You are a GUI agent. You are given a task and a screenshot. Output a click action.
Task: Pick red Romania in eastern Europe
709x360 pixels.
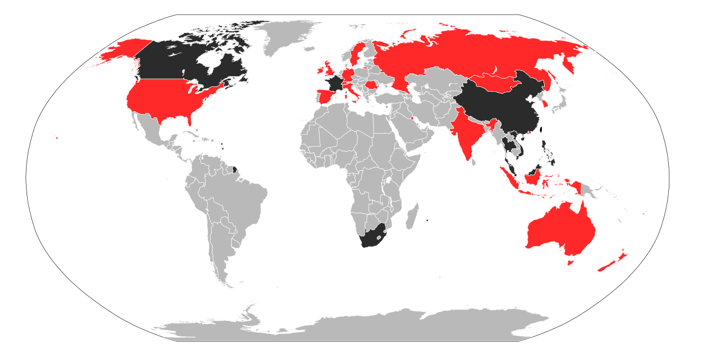372,85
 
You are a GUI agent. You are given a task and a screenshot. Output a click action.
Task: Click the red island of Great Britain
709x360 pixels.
327,66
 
